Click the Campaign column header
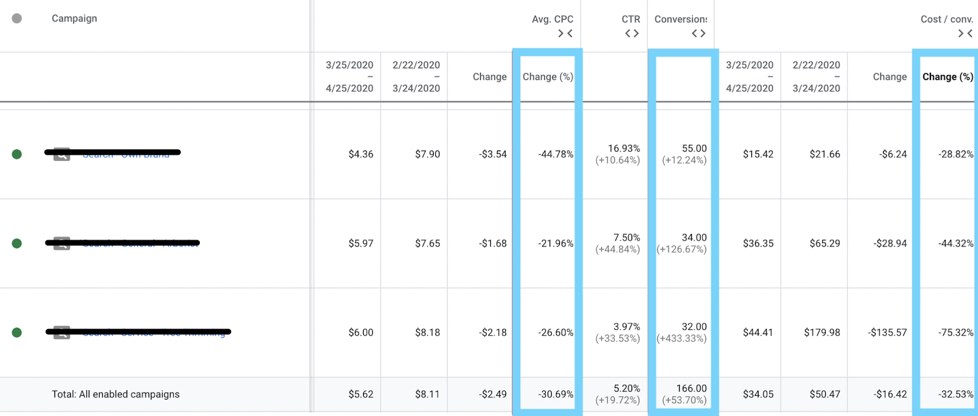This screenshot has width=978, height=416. point(74,18)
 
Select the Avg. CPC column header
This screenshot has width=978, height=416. point(552,20)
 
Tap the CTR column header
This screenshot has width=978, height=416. point(631,20)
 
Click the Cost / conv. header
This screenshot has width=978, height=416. point(946,20)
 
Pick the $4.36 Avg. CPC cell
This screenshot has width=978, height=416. point(361,154)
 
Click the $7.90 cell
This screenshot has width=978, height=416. point(427,154)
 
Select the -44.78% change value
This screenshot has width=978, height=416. point(556,154)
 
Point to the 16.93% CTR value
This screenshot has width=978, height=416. point(623,149)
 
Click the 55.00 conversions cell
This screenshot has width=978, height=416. point(694,149)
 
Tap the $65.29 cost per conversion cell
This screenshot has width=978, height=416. point(825,243)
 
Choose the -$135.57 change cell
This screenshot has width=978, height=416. point(887,333)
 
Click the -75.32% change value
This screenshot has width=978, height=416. point(955,333)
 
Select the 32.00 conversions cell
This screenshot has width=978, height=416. point(694,327)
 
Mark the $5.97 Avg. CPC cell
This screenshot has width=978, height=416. point(361,243)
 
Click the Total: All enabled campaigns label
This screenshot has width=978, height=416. point(116,395)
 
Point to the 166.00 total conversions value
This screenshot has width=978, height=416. point(691,388)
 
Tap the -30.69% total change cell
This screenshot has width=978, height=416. point(556,395)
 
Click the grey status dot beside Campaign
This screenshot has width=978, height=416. point(17,18)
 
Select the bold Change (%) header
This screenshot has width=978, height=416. point(947,76)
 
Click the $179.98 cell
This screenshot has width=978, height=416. point(822,333)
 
